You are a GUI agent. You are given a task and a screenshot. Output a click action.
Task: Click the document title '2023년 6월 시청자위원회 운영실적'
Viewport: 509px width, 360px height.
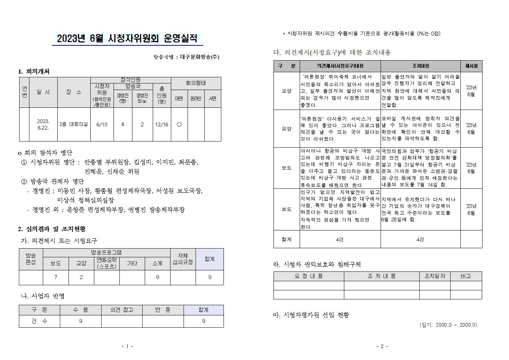tap(127, 38)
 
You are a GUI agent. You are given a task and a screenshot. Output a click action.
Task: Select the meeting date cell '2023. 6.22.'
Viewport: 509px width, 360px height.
tap(43, 124)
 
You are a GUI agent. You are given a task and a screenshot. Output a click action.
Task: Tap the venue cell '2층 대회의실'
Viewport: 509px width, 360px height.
tap(74, 124)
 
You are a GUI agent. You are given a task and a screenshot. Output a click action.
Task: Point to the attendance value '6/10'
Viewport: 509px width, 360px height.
tap(102, 124)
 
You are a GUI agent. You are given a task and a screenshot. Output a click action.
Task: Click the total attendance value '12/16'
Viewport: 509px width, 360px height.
tap(161, 124)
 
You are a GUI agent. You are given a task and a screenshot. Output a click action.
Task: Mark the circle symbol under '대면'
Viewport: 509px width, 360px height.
tap(179, 124)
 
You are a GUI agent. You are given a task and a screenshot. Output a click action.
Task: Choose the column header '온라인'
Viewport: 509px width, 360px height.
tap(196, 98)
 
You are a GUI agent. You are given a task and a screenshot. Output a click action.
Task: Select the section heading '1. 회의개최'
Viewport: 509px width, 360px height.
tap(34, 71)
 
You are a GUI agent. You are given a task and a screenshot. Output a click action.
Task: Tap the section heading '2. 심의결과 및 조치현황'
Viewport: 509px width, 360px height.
tap(52, 229)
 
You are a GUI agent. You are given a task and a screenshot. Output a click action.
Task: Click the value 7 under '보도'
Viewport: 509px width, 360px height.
tap(56, 277)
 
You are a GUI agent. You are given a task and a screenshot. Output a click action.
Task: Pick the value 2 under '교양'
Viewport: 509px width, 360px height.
tap(81, 277)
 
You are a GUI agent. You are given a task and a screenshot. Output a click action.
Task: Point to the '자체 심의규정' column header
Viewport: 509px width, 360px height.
tap(182, 259)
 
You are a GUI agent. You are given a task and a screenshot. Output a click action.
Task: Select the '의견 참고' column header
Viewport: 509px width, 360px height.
tap(122, 310)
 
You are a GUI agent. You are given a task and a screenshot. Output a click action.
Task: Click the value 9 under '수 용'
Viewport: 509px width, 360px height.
tap(81, 321)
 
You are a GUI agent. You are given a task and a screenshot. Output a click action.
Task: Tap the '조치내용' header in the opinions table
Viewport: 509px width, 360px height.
tap(420, 66)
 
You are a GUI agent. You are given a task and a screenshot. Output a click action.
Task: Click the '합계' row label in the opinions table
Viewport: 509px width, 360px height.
tap(287, 240)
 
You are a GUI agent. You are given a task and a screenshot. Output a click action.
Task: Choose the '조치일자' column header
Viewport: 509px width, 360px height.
tap(435, 276)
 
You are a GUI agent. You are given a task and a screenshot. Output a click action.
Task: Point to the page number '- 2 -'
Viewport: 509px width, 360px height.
tap(382, 346)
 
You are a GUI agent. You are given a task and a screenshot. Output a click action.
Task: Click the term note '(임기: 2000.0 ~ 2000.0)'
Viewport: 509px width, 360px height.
tap(448, 325)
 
